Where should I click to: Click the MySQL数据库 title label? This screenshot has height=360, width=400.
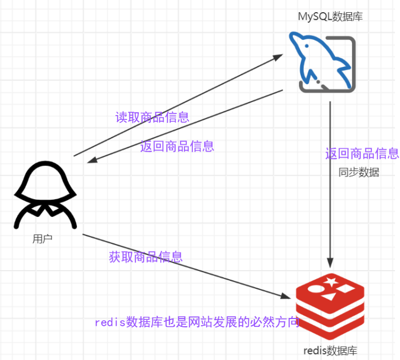pos(330,17)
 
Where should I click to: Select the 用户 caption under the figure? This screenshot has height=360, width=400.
pos(43,238)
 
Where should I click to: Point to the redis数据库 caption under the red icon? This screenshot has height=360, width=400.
pos(330,351)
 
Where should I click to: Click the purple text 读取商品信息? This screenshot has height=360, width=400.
pos(152,117)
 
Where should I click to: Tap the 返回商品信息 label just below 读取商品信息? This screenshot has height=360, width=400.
pos(177,147)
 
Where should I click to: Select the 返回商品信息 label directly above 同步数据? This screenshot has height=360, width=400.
pos(362,154)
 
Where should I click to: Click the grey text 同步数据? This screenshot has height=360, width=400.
pos(359,172)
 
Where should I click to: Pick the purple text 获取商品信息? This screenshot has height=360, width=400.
pos(146,257)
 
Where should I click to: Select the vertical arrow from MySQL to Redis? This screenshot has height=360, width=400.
pos(330,182)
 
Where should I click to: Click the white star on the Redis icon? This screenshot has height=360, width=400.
pos(331,283)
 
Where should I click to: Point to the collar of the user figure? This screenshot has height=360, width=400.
pos(45,209)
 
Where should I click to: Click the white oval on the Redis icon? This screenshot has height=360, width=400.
pos(315,289)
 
